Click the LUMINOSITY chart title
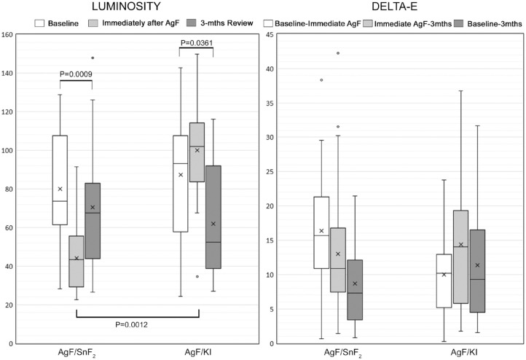pyautogui.click(x=127, y=6)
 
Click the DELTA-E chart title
pyautogui.click(x=395, y=6)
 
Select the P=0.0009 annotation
pyautogui.click(x=76, y=74)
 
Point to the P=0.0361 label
pyautogui.click(x=197, y=43)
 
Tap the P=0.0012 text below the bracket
pyautogui.click(x=131, y=325)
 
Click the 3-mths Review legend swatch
pyautogui.click(x=192, y=23)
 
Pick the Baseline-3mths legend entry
pyautogui.click(x=488, y=23)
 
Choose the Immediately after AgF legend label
pyautogui.click(x=141, y=23)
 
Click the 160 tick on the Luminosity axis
pyautogui.click(x=7, y=34)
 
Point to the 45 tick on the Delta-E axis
pyautogui.click(x=269, y=34)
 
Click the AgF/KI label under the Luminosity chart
pyautogui.click(x=198, y=352)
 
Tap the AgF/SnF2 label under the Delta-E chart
pyautogui.click(x=343, y=353)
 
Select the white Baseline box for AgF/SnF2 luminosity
pyautogui.click(x=60, y=180)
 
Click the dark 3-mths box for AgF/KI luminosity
pyautogui.click(x=213, y=217)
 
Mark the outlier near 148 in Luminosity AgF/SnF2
pyautogui.click(x=93, y=58)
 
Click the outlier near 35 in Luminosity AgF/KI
pyautogui.click(x=197, y=276)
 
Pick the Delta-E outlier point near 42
pyautogui.click(x=338, y=53)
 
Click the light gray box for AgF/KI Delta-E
pyautogui.click(x=460, y=257)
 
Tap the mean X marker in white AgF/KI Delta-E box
pyautogui.click(x=444, y=275)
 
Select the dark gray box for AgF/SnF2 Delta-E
pyautogui.click(x=355, y=290)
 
